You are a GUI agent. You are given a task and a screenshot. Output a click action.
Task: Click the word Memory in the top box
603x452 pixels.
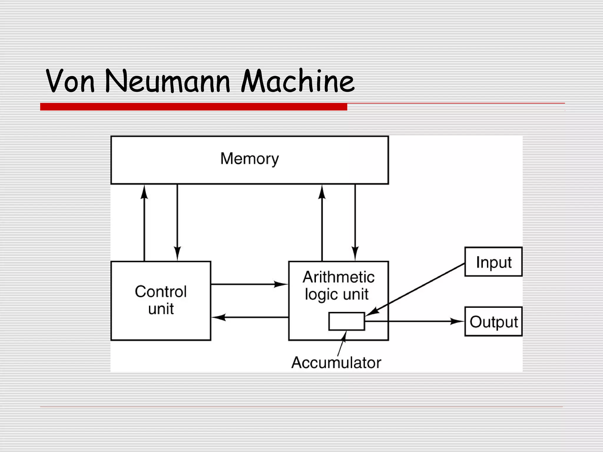(249, 159)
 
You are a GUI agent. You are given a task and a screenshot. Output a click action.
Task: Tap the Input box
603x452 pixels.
(493, 262)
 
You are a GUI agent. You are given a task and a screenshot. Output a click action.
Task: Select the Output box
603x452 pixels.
(493, 322)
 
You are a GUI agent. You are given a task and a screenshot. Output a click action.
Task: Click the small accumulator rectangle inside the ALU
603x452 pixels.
(347, 321)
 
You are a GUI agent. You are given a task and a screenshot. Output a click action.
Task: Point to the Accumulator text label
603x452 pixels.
(336, 363)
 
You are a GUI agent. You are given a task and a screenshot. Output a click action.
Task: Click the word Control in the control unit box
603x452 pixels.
(161, 292)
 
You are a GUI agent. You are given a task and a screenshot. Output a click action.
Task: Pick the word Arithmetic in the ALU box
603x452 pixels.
(338, 277)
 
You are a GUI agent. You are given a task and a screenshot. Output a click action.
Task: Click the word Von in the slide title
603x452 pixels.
(70, 81)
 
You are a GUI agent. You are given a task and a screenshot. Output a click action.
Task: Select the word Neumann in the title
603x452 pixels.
(167, 81)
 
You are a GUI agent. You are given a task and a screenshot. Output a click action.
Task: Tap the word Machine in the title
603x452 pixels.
(297, 81)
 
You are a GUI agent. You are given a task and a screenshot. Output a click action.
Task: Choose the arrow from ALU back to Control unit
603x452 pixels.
(250, 317)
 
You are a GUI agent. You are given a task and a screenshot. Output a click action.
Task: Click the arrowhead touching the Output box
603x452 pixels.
(458, 321)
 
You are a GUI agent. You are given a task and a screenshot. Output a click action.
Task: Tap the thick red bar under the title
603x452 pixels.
(193, 107)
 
